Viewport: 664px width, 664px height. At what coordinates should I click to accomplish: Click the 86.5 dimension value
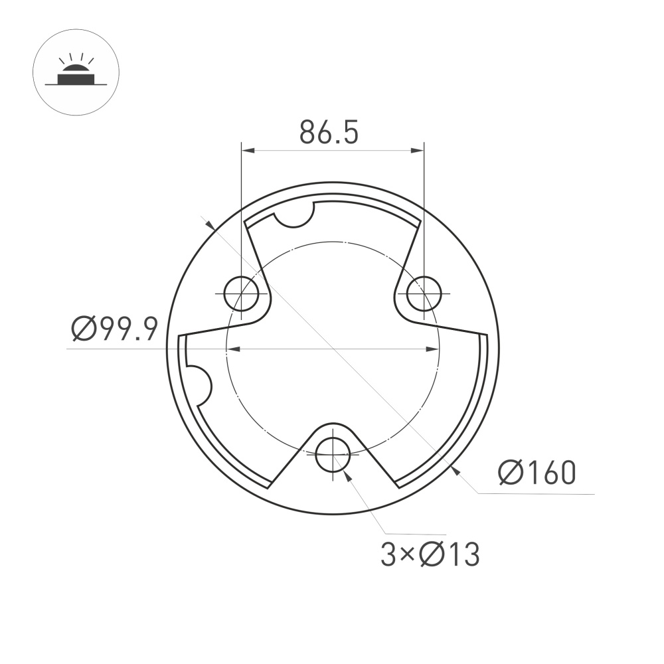329,132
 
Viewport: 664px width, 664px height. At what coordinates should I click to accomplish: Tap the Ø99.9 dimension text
114,329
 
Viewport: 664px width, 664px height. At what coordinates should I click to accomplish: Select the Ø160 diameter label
537,473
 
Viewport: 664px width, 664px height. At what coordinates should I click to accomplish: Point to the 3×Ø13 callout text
430,554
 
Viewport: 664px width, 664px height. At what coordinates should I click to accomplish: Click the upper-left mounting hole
241,293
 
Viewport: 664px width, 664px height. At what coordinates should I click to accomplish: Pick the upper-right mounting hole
424,293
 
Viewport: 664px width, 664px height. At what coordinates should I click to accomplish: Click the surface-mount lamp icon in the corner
75,73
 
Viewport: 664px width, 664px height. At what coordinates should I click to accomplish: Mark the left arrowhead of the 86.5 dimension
247,151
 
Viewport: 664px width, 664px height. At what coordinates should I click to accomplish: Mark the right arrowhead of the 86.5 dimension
418,151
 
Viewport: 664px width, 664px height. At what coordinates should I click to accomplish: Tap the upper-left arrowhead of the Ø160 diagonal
210,226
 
